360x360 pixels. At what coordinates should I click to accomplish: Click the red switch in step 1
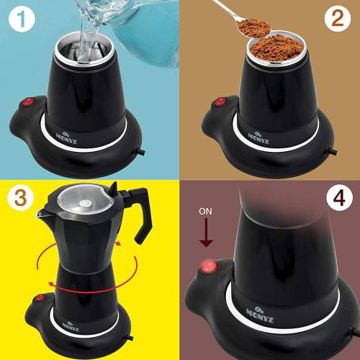(29, 103)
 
